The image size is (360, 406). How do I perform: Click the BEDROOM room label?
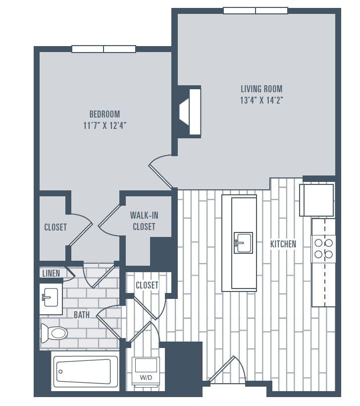click(x=104, y=114)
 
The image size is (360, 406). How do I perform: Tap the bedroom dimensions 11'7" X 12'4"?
click(x=104, y=125)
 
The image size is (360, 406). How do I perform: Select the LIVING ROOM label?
click(x=261, y=89)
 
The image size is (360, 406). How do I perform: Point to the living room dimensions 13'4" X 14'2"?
click(x=261, y=100)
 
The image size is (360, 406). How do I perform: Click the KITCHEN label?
click(x=283, y=244)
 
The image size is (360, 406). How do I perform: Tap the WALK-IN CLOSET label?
click(x=144, y=221)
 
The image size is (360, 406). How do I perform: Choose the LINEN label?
click(x=51, y=273)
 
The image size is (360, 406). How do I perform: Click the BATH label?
click(x=82, y=314)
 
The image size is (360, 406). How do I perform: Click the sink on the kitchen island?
click(x=243, y=242)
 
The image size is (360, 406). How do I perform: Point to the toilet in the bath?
click(x=54, y=333)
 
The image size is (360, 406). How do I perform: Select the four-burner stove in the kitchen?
click(x=323, y=249)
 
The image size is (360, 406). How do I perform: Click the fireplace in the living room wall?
click(x=191, y=112)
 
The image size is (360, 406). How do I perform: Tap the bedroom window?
click(x=103, y=49)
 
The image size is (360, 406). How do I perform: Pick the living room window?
click(x=255, y=10)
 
